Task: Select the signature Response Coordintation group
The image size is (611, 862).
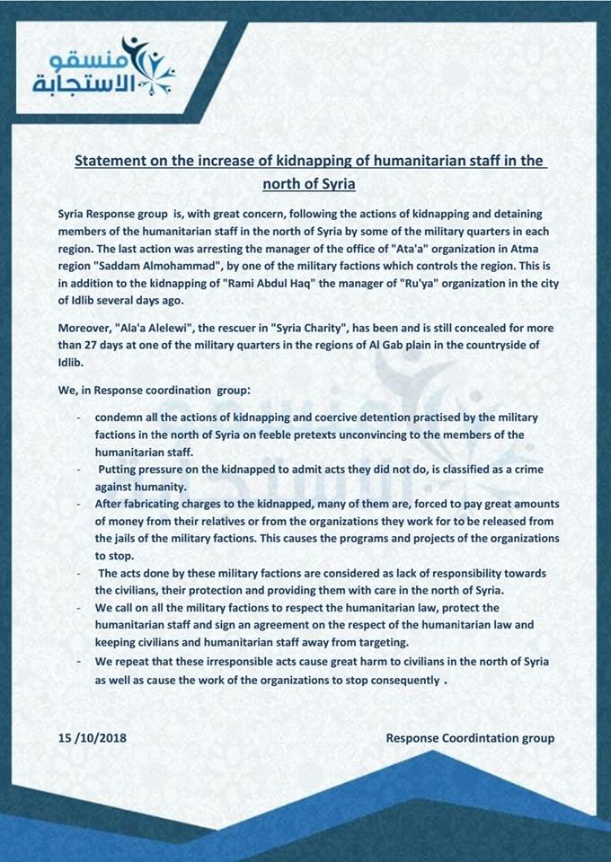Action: tap(470, 738)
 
